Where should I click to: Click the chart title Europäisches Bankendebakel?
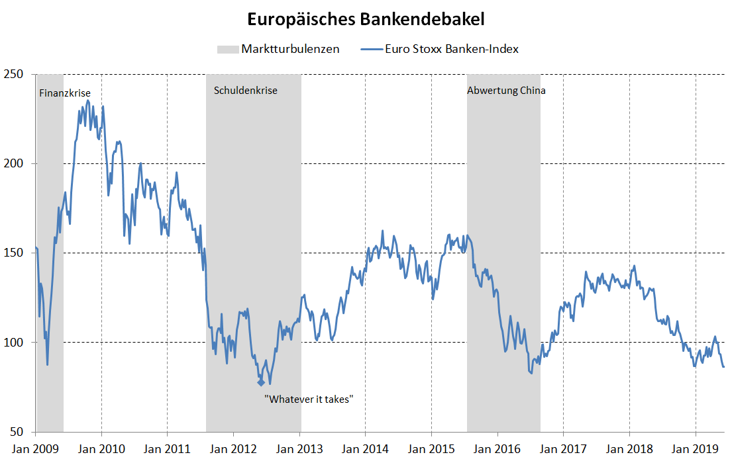366,19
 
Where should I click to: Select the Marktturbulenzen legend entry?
290,49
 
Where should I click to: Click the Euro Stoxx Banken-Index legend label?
451,49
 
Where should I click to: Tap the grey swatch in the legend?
227,49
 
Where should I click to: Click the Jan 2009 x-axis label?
36,449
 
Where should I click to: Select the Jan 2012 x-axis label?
233,449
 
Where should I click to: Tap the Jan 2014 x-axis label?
365,449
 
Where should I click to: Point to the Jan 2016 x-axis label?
497,449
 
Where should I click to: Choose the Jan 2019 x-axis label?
695,449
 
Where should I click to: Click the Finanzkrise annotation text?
65,93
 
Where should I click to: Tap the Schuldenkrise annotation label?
246,91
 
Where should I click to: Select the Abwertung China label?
506,91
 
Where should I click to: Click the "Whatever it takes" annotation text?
309,399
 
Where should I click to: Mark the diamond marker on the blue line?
261,382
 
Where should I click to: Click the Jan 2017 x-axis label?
563,449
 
